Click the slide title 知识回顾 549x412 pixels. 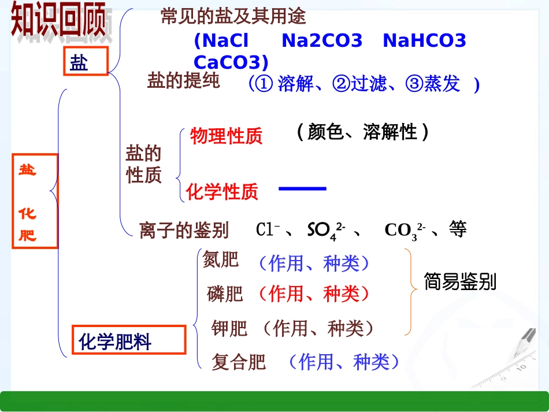58,22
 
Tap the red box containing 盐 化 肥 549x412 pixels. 35,201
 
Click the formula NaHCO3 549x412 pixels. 424,41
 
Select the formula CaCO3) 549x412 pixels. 231,62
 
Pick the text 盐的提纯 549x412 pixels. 183,81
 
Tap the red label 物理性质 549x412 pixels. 226,136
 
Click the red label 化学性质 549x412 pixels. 222,191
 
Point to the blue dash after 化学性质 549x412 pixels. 302,188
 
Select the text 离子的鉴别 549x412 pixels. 184,230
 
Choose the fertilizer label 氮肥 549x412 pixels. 220,260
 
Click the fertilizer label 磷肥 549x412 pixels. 225,294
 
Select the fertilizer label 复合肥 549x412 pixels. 239,362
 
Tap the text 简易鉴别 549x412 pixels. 460,282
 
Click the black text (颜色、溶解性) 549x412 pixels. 362,132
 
